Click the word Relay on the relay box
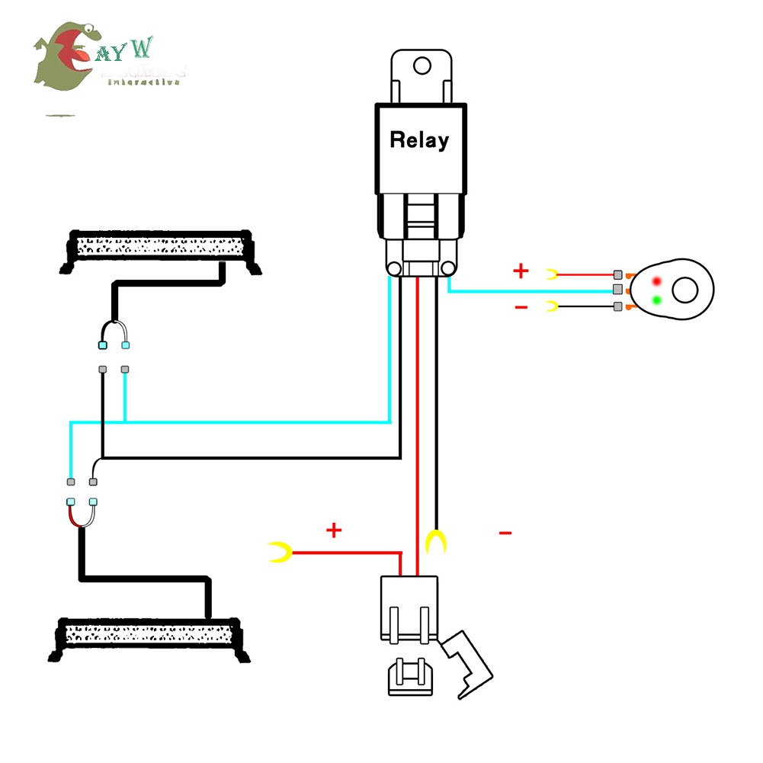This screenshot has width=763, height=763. pos(419,140)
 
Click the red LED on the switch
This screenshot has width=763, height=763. pos(656,281)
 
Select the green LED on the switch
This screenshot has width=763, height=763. pos(656,300)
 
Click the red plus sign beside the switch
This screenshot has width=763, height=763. pos(521,271)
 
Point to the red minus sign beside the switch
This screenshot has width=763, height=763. pos(521,307)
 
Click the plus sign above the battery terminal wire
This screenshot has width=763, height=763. pos(334,530)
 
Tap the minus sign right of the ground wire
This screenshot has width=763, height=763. pos(505,533)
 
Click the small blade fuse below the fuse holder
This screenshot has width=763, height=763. pos(412,678)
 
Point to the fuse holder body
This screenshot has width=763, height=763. pos(409,606)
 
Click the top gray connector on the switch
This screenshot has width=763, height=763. pos(618,274)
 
